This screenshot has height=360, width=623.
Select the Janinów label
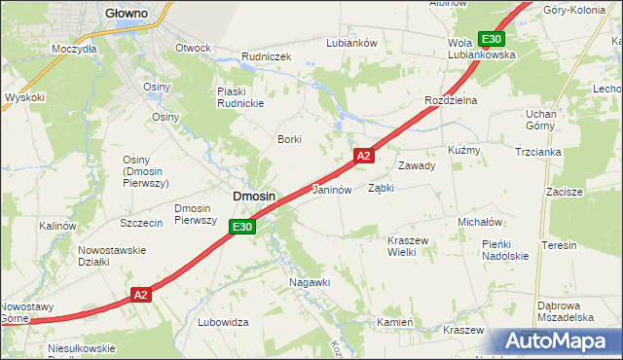pyautogui.click(x=331, y=190)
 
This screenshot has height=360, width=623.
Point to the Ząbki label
pyautogui.click(x=381, y=189)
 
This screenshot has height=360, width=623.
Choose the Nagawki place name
pyautogui.click(x=311, y=282)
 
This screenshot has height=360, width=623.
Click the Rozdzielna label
pyautogui.click(x=451, y=101)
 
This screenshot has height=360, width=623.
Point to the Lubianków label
pyautogui.click(x=351, y=43)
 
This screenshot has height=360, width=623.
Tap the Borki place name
pyautogui.click(x=290, y=139)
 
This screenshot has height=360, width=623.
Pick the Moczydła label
pyautogui.click(x=75, y=48)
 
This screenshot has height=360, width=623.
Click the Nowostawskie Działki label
pyautogui.click(x=112, y=255)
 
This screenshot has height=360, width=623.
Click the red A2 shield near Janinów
pyautogui.click(x=363, y=156)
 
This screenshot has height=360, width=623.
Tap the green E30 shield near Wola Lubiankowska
pyautogui.click(x=492, y=39)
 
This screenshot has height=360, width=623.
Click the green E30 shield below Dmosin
pyautogui.click(x=242, y=228)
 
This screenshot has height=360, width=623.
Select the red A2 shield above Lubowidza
pyautogui.click(x=140, y=294)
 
